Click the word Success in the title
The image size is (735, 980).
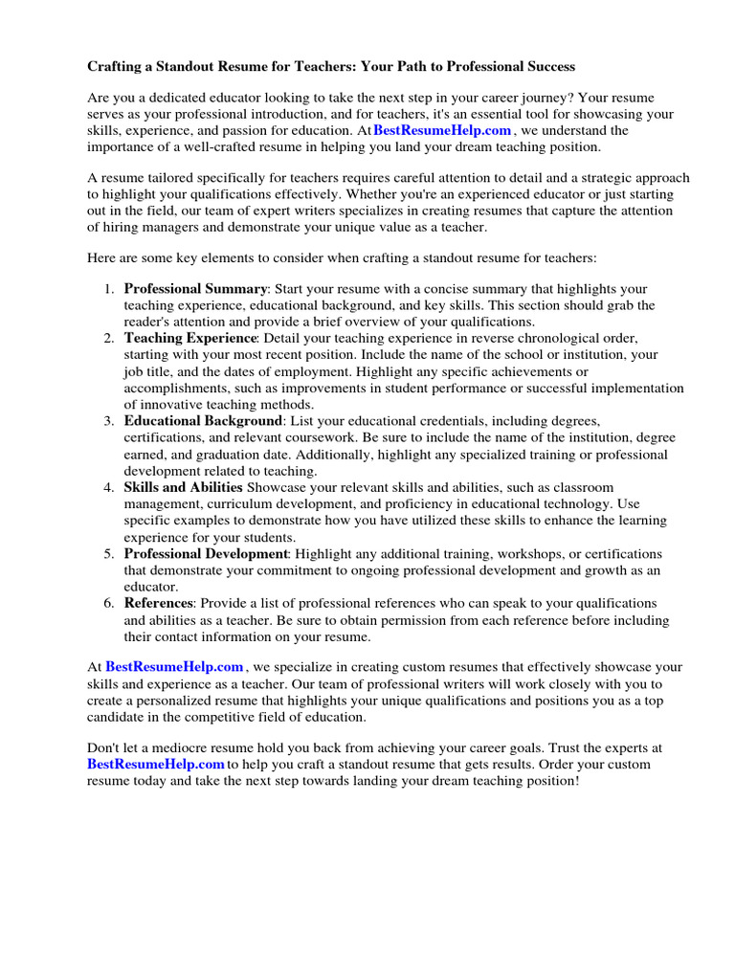pos(546,67)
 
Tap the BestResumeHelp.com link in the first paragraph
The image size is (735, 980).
pos(442,130)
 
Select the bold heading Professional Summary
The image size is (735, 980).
pos(195,288)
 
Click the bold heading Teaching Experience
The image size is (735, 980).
pos(190,338)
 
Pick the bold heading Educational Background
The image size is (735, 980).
pos(203,421)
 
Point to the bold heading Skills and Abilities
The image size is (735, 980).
pos(183,487)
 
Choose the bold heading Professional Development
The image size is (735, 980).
pos(206,553)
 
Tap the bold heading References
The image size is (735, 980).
pos(159,603)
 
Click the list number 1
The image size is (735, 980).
pos(108,288)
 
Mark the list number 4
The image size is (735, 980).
pos(108,487)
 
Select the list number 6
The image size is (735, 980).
pos(108,603)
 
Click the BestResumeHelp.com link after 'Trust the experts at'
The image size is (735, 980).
pos(156,764)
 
